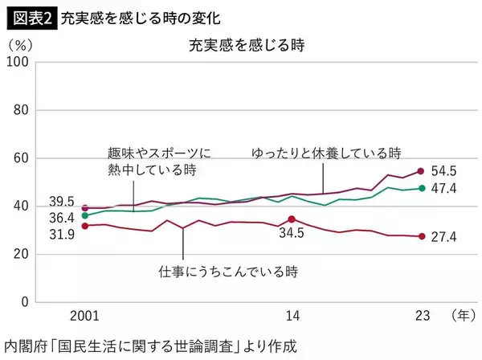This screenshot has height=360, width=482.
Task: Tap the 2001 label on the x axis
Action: coord(84,316)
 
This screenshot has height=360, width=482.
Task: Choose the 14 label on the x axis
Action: coord(293,316)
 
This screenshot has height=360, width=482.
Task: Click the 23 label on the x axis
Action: coord(420,316)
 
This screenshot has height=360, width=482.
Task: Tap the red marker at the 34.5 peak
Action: coord(292,219)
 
